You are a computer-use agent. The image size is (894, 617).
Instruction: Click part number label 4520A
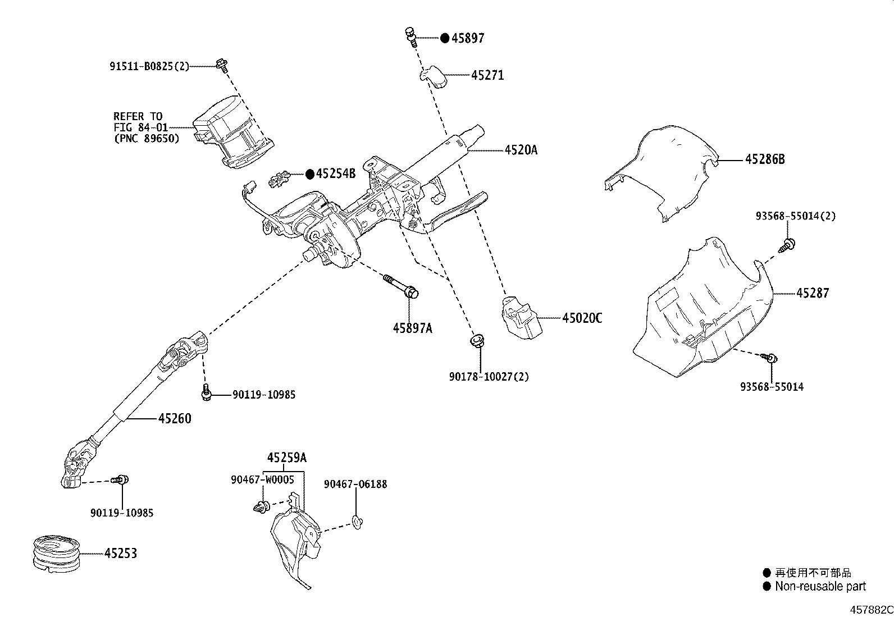pos(521,150)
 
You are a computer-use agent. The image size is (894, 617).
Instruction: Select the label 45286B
pos(764,159)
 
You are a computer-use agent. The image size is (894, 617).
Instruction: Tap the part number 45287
pos(812,292)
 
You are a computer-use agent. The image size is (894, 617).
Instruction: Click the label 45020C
pos(582,318)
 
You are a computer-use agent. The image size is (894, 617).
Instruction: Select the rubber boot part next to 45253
pos(54,555)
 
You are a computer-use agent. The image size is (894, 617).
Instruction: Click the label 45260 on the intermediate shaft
pos(174,418)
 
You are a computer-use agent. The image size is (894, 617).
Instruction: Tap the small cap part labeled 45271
pos(435,76)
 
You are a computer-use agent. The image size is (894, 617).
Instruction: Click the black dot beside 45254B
pos(309,174)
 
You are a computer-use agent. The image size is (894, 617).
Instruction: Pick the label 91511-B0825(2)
pos(149,66)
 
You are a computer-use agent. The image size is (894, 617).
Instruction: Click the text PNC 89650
pos(147,138)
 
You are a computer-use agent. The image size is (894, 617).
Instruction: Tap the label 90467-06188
pos(355,484)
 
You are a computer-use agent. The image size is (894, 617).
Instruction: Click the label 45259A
pos(286,458)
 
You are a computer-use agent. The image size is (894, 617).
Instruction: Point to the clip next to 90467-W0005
pos(261,506)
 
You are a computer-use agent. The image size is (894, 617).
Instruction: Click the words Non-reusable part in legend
pos(820,587)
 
